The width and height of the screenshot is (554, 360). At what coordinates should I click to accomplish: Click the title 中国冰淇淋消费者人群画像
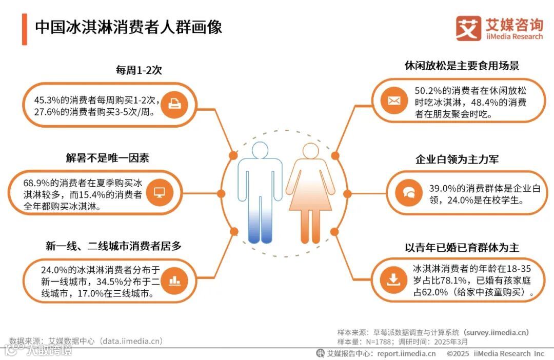128,27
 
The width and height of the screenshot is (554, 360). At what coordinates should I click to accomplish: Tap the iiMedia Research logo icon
468,28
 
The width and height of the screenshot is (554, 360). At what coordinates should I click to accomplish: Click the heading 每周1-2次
138,70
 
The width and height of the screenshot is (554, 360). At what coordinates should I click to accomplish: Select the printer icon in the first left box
175,104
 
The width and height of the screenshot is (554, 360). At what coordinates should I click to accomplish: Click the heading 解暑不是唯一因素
107,158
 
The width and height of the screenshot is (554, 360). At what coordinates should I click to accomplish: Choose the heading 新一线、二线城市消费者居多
113,246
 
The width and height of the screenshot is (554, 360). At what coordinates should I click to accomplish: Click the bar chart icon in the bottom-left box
175,280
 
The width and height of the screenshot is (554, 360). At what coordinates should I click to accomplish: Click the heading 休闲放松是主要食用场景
462,66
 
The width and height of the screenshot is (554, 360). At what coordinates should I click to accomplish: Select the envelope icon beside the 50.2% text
394,101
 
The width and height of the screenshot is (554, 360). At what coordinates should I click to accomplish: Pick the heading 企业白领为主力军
457,159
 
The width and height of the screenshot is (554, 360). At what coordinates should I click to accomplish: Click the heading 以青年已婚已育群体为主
462,248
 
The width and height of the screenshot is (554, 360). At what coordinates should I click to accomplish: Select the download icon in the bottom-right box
393,280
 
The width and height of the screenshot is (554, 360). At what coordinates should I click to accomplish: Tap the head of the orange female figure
311,151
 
